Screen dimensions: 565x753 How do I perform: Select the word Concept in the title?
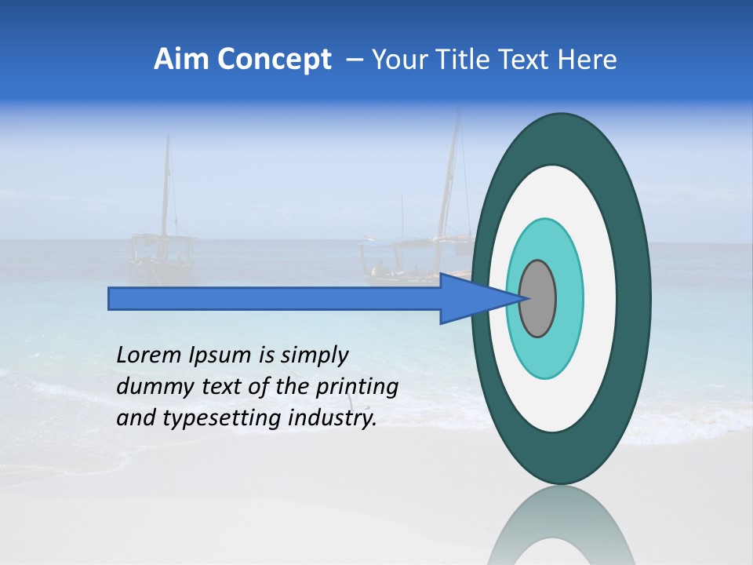273,60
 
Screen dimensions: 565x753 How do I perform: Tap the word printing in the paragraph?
356,387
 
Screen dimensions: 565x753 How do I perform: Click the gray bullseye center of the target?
537,298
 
